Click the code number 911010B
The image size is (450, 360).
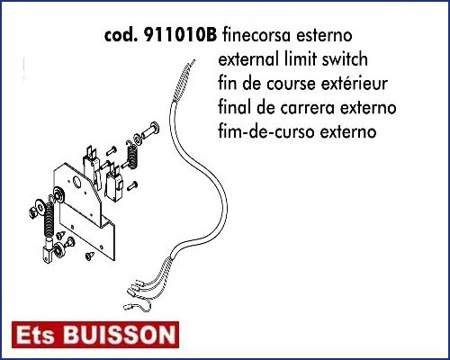pyautogui.click(x=180, y=35)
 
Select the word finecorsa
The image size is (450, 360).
pyautogui.click(x=256, y=35)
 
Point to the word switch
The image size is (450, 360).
pyautogui.click(x=345, y=59)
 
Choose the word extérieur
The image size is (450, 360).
pyautogui.click(x=355, y=84)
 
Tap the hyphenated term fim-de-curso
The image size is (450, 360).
pyautogui.click(x=267, y=131)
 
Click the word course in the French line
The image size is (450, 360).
pyautogui.click(x=291, y=84)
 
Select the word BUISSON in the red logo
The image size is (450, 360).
pyautogui.click(x=120, y=335)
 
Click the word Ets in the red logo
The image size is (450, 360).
pyautogui.click(x=36, y=335)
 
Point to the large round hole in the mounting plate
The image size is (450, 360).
pyautogui.click(x=77, y=182)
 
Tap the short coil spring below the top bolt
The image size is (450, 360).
pyautogui.click(x=132, y=155)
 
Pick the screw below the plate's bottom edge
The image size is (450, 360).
pyautogui.click(x=90, y=256)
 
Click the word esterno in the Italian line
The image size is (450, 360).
pyautogui.click(x=325, y=36)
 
